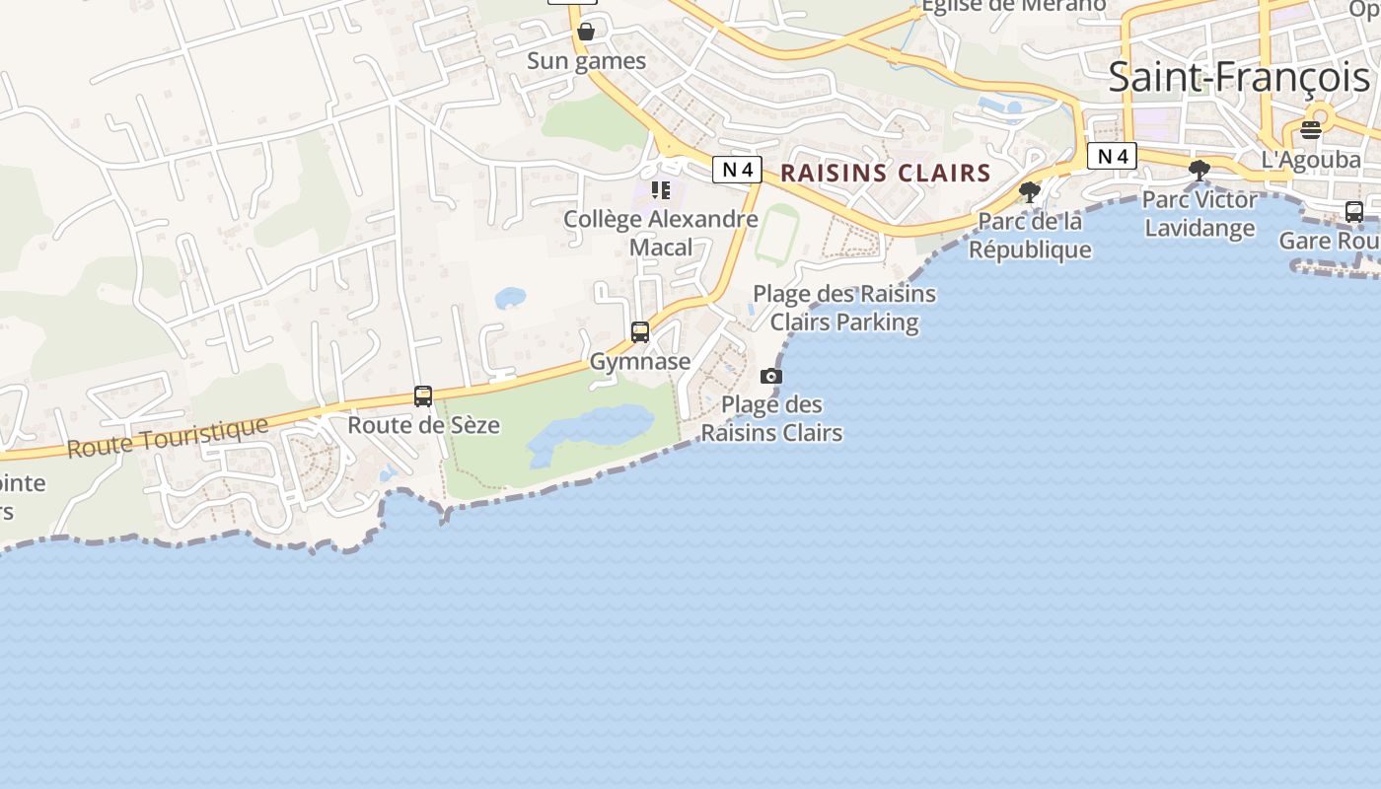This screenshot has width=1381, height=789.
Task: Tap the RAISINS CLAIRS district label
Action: [885, 174]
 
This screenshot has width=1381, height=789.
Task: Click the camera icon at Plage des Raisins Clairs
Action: [771, 376]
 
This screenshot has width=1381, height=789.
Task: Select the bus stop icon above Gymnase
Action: [640, 332]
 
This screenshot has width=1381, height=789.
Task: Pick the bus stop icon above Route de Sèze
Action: [423, 396]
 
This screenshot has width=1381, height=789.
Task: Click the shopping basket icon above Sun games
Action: [586, 32]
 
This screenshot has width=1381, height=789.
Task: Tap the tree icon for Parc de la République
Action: [1030, 192]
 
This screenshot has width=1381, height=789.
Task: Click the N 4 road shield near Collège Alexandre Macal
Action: [737, 170]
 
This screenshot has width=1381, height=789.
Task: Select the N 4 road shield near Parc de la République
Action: [1112, 156]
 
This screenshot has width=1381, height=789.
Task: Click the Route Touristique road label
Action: [168, 437]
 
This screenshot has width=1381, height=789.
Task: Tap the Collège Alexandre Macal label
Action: [660, 233]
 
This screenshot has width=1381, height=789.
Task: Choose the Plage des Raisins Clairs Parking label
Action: [844, 308]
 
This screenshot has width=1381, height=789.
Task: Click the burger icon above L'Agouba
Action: [1310, 129]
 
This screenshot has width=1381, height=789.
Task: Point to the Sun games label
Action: [586, 61]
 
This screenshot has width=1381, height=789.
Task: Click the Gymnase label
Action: [640, 362]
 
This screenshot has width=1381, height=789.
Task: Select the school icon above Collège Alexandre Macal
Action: [660, 190]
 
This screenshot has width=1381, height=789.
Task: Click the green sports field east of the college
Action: [776, 234]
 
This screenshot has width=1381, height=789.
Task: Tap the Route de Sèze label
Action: [423, 426]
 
